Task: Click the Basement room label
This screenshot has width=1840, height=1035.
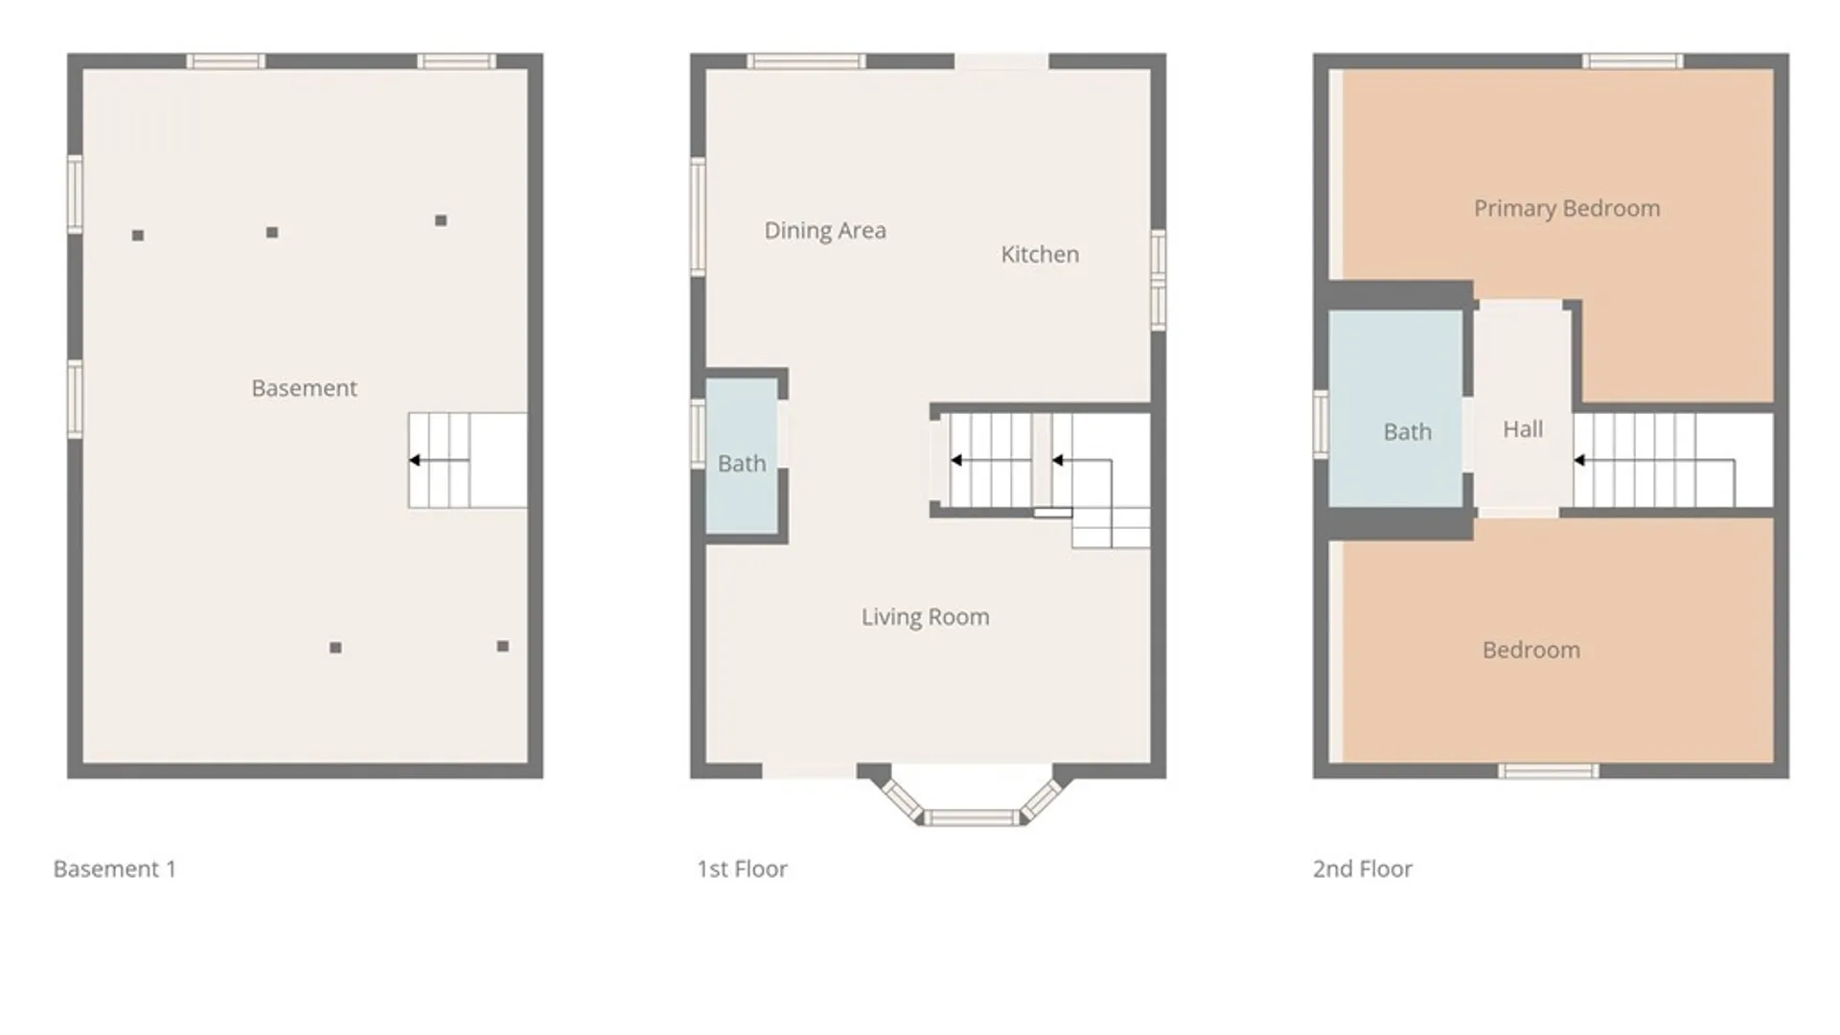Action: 304,388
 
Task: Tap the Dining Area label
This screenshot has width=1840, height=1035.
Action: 825,231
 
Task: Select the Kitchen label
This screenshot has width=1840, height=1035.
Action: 1040,255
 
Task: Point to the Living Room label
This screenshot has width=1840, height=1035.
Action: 925,617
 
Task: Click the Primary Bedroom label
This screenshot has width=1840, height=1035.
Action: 1567,209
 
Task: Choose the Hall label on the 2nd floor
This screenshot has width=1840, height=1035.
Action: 1523,429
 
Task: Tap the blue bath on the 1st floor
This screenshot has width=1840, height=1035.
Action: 742,456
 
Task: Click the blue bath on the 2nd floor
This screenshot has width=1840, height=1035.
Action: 1395,408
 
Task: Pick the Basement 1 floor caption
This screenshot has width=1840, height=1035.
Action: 115,869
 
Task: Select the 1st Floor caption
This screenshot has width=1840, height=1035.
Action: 742,869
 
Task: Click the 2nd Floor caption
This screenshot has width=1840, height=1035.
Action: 1362,869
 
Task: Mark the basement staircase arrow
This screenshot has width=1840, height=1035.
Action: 439,461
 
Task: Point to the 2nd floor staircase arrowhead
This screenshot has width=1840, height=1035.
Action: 1579,461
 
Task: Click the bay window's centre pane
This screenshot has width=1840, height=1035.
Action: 972,817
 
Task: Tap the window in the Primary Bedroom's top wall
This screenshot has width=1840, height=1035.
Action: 1632,61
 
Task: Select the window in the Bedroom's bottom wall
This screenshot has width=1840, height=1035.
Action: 1549,771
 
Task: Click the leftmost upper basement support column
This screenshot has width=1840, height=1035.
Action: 138,236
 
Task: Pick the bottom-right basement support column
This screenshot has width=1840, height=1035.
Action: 503,647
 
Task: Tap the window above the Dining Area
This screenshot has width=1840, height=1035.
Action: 806,61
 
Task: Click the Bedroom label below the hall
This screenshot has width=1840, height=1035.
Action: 1531,651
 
